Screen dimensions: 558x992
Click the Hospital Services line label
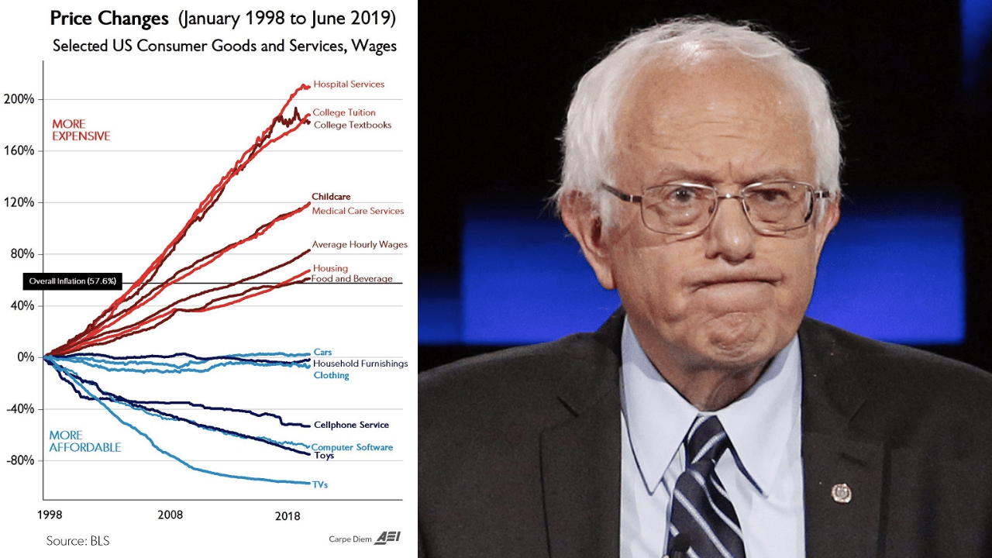click(x=348, y=84)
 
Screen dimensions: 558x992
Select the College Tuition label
click(x=343, y=113)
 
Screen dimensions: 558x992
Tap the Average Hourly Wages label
click(x=359, y=245)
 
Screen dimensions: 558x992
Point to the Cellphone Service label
click(x=351, y=425)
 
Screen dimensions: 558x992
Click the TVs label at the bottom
click(x=320, y=485)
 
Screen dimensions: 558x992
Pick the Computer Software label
click(x=352, y=447)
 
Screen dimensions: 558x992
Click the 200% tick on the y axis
click(x=21, y=99)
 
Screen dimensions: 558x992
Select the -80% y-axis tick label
click(x=21, y=460)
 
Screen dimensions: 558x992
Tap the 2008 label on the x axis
click(x=170, y=515)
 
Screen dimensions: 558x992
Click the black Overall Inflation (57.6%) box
click(x=72, y=281)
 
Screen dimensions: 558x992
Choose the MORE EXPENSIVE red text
click(x=81, y=130)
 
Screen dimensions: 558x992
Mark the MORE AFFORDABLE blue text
click(x=84, y=441)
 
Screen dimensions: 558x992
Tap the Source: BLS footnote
click(x=77, y=540)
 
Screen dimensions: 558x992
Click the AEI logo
click(x=387, y=538)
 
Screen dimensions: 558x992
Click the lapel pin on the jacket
click(x=841, y=493)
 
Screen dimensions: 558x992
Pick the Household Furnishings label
click(x=360, y=363)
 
